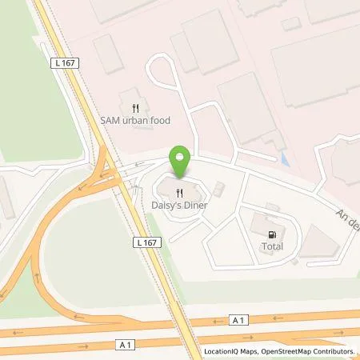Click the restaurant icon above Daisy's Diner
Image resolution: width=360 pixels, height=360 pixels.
(181, 193)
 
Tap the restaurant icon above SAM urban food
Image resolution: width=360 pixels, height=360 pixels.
(135, 107)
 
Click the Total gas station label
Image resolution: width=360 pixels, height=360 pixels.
(273, 247)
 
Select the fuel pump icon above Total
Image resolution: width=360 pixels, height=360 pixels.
(272, 234)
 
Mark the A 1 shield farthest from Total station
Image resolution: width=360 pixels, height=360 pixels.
(122, 344)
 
